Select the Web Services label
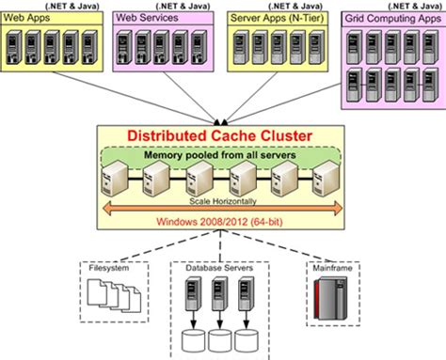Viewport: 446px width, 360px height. pos(144,18)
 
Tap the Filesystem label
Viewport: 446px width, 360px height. pos(105,268)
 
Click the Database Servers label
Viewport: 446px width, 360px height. pos(219,268)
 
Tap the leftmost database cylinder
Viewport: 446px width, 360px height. pos(193,341)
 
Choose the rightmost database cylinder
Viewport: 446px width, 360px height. pos(247,341)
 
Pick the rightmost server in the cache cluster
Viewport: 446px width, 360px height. pos(326,179)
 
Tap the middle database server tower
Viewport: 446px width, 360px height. pos(219,299)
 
